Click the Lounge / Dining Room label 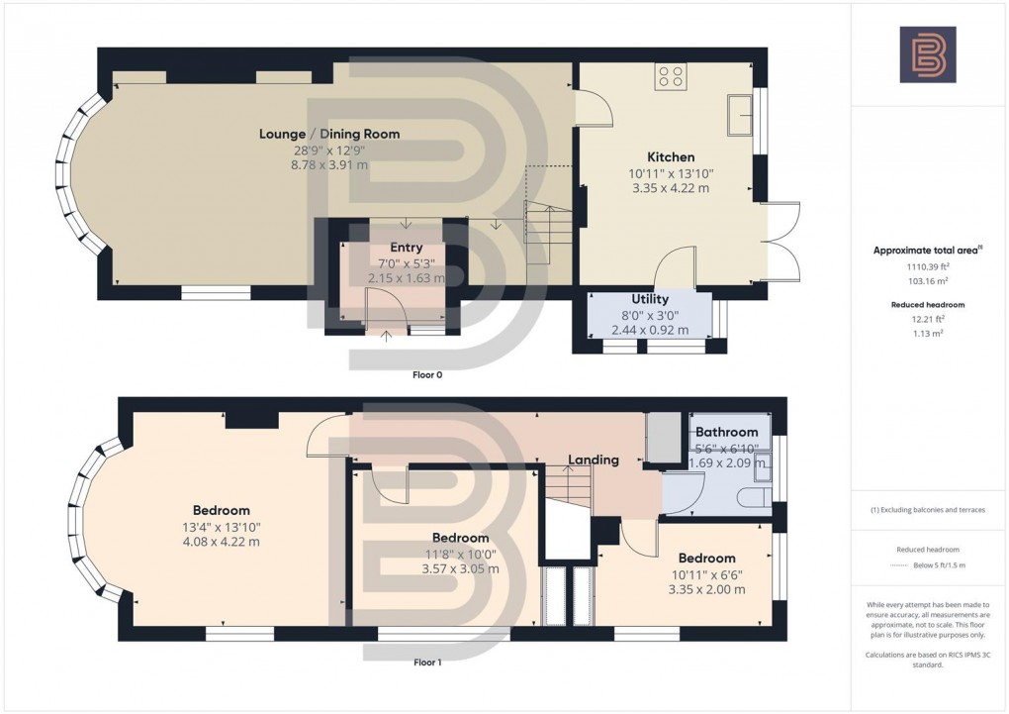pos(329,134)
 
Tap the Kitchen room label pos(671,156)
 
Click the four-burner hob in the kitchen pos(671,76)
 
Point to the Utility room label pos(650,299)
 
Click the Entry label pos(406,248)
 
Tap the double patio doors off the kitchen pos(781,240)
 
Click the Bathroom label pos(726,432)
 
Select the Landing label pos(593,459)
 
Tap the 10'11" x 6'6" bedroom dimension pos(706,574)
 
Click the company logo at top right pos(927,54)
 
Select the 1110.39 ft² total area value pos(927,267)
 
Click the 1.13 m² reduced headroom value pos(927,334)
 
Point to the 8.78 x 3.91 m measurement pos(329,165)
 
